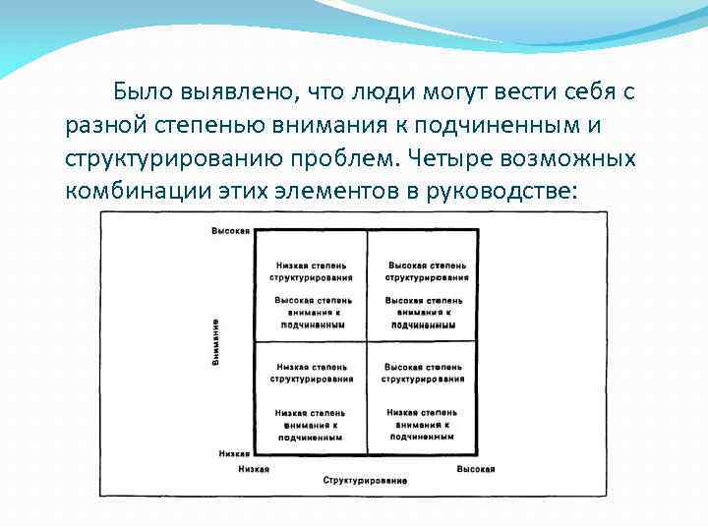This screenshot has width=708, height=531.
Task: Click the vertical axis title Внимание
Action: [215, 342]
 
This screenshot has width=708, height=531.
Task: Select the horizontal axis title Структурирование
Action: [365, 480]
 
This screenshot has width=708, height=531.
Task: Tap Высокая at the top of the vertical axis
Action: [230, 231]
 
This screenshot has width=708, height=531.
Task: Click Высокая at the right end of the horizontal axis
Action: [475, 470]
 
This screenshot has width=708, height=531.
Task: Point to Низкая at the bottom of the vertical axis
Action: [232, 454]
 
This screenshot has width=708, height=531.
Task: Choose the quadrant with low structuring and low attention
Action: [311, 397]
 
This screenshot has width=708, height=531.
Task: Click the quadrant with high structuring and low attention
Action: [424, 397]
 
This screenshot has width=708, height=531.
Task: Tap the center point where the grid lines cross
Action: [367, 341]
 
